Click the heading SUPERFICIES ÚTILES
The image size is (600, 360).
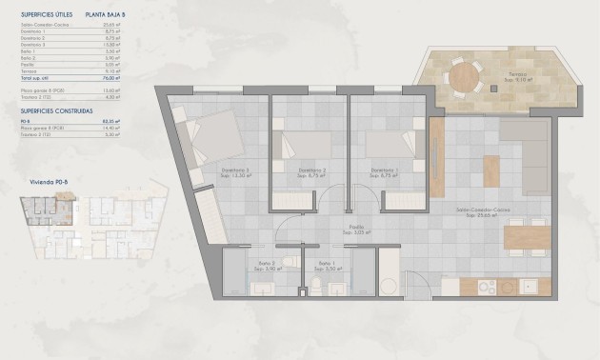[45, 15]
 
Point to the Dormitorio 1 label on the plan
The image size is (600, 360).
[385, 171]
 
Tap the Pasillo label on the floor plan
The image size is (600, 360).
[358, 228]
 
